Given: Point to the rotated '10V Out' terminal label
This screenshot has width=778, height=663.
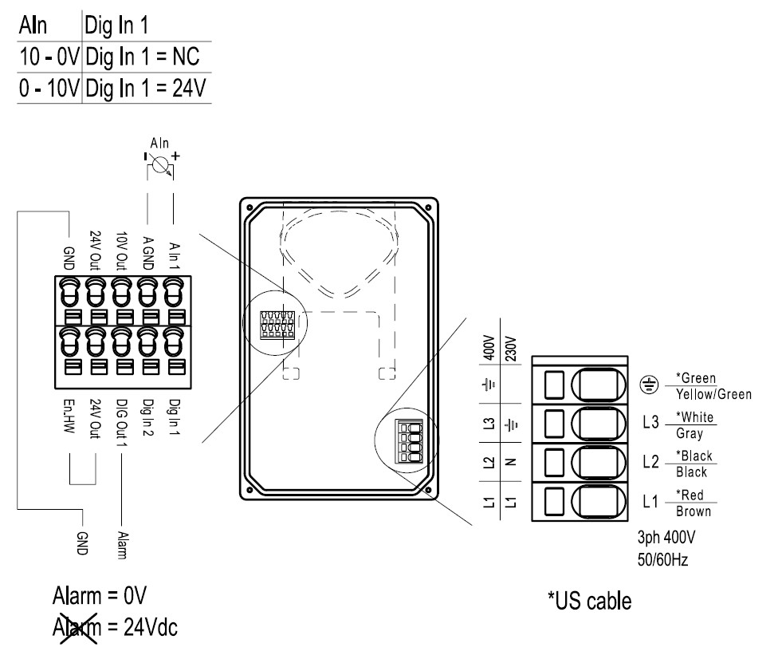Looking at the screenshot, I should (x=120, y=248).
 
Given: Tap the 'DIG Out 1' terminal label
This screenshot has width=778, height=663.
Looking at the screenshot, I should (x=120, y=423).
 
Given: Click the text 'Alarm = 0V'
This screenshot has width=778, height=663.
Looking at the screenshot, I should (x=100, y=598).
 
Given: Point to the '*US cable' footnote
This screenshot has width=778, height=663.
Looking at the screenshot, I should (x=589, y=600).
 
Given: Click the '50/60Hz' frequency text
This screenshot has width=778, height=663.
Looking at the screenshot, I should (x=664, y=560).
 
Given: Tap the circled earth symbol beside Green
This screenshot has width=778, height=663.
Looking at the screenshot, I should (x=650, y=385).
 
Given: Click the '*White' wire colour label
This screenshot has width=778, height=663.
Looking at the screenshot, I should (x=694, y=417).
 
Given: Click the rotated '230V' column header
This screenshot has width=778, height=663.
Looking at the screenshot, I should (x=513, y=347).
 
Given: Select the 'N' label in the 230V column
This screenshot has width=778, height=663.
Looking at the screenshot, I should (x=513, y=461).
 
